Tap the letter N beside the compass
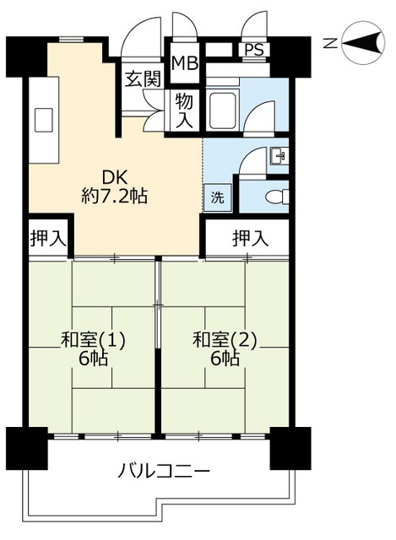pyautogui.click(x=332, y=41)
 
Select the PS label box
pyautogui.click(x=253, y=49)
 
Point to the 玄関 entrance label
pyautogui.click(x=143, y=80)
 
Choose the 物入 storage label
pyautogui.click(x=185, y=111)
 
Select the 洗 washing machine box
pyautogui.click(x=217, y=199)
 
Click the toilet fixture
pyautogui.click(x=274, y=197)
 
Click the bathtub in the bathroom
pyautogui.click(x=224, y=110)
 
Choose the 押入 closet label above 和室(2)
pyautogui.click(x=250, y=239)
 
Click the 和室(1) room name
pyautogui.click(x=93, y=340)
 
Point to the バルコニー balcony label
pyautogui.click(x=164, y=469)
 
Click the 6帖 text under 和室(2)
pyautogui.click(x=225, y=359)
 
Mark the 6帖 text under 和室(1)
pyautogui.click(x=93, y=359)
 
